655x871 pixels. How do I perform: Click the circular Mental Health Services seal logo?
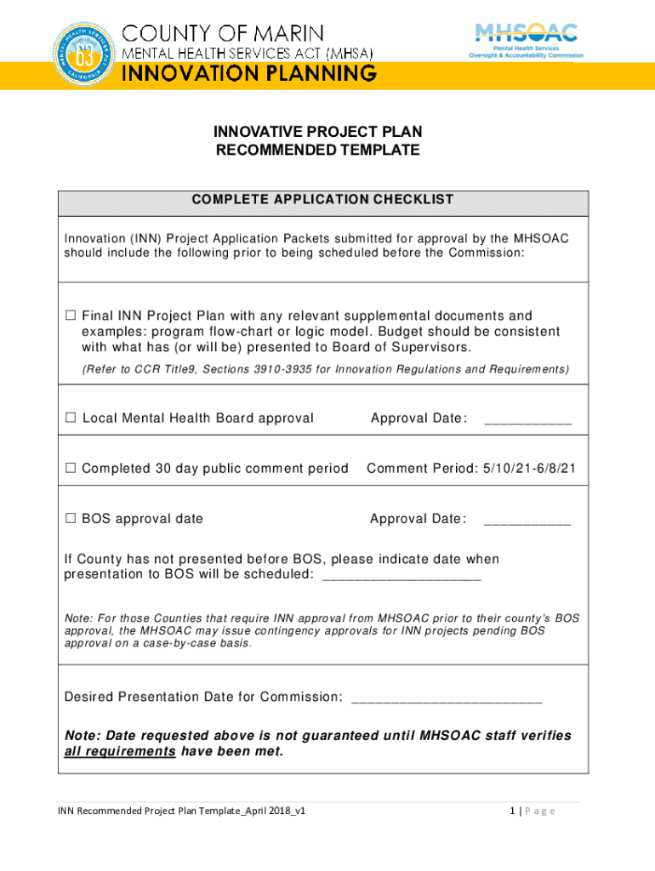click(84, 50)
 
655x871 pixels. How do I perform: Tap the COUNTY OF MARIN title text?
click(225, 34)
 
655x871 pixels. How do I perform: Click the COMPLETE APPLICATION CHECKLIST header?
click(322, 200)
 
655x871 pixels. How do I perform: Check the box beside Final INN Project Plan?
click(71, 316)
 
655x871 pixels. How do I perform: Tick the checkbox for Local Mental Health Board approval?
click(71, 418)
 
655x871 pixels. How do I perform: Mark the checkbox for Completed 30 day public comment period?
click(71, 469)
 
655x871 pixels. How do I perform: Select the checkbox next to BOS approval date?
click(71, 519)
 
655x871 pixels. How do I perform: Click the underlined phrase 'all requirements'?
click(120, 752)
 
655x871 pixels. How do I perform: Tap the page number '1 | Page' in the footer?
click(532, 811)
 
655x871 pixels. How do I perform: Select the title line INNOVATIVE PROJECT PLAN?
click(317, 133)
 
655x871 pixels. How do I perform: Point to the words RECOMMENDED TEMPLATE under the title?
click(317, 151)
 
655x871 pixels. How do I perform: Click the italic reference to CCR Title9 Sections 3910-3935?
click(325, 369)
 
